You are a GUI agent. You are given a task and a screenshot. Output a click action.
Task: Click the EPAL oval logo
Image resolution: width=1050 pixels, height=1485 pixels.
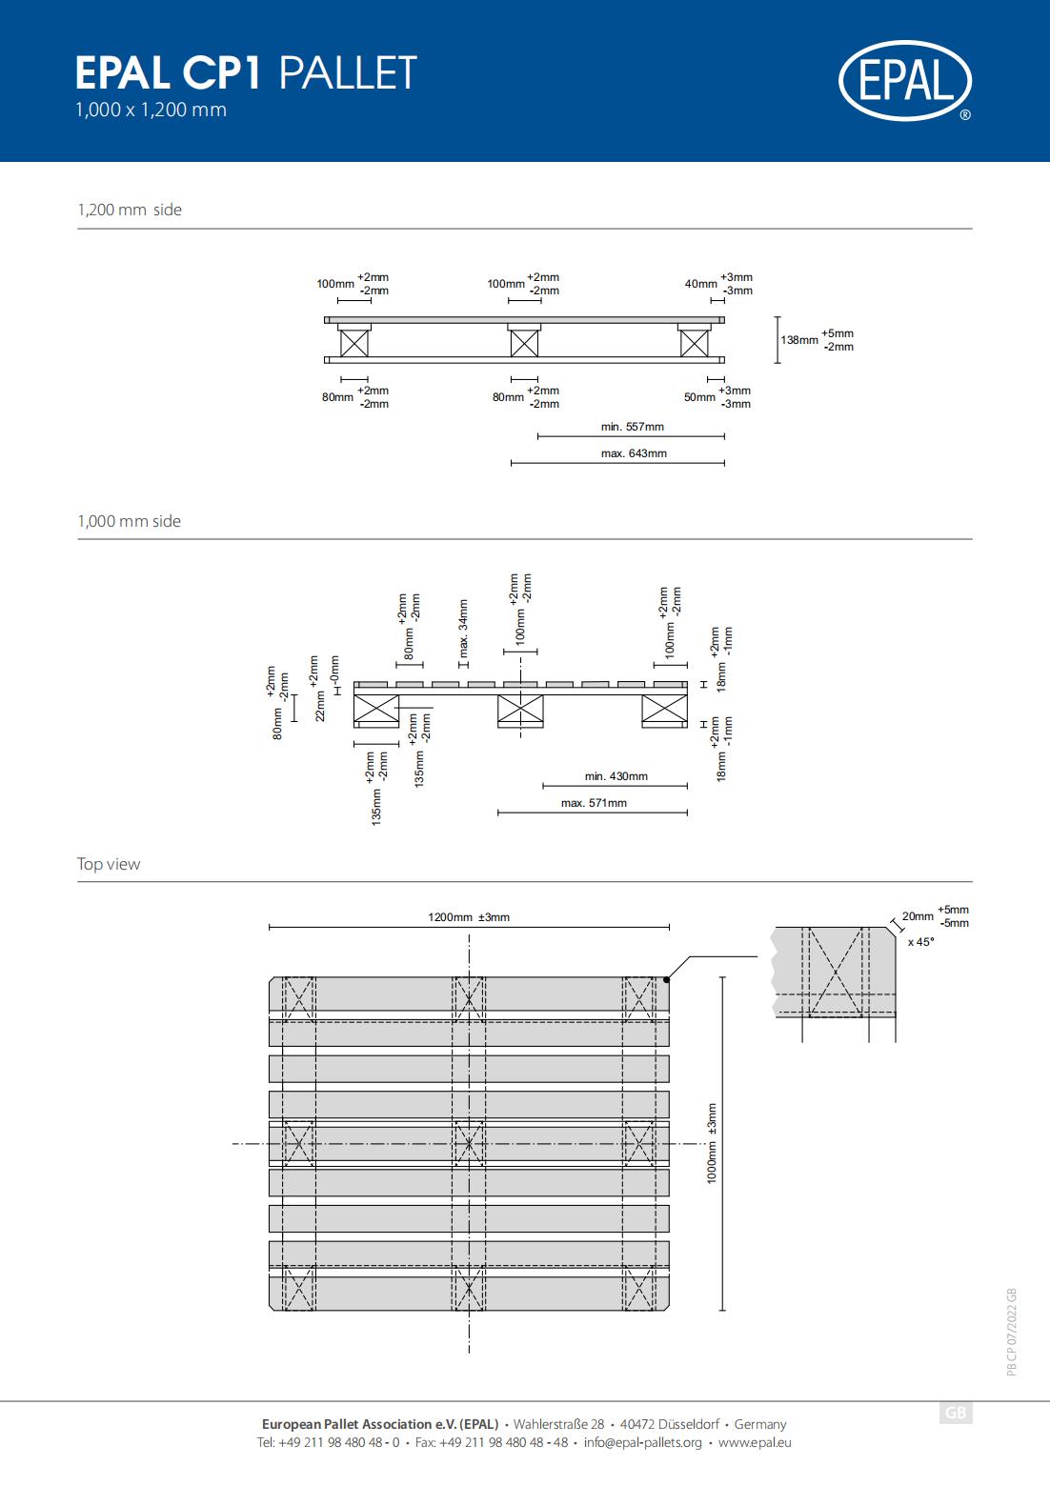pos(905,80)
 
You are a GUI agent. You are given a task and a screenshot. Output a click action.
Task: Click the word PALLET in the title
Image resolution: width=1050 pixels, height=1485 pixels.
pos(348,72)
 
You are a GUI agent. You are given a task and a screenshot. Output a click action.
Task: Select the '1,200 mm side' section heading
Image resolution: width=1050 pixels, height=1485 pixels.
pos(130,210)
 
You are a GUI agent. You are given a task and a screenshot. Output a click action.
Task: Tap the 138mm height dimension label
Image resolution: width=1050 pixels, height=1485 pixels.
pos(799,340)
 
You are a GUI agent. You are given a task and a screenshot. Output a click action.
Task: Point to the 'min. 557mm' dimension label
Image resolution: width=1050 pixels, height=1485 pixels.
pos(632,427)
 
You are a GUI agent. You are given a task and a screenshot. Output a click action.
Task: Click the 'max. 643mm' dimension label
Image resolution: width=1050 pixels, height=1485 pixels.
pos(634,453)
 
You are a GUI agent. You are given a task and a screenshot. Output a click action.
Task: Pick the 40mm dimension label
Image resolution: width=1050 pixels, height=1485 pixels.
pos(701,284)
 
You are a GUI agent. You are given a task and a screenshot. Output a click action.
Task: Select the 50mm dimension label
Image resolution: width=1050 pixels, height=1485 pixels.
pos(699,397)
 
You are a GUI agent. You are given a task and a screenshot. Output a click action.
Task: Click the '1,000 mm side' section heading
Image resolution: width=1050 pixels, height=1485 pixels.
pos(130,521)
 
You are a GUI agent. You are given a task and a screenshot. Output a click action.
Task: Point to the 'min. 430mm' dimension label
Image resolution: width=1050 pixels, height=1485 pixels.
pos(616,776)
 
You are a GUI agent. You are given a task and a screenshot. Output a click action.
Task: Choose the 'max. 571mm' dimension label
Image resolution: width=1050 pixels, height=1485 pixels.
pos(594,803)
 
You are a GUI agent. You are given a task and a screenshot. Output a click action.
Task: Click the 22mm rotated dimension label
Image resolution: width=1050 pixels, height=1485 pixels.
pos(320,706)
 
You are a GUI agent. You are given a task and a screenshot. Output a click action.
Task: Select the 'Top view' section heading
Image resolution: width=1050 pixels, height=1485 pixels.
pos(108,864)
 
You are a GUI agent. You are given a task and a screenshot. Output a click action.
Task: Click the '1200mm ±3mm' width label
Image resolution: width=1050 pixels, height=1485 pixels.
pos(469,917)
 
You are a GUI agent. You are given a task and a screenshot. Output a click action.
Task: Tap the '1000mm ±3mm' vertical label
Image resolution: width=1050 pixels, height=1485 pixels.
pos(712,1144)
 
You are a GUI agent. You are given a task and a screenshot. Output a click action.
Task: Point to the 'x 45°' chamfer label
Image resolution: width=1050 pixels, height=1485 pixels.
pos(920,942)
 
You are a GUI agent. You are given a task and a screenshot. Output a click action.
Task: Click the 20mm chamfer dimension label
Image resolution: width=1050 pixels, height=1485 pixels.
pos(918,916)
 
